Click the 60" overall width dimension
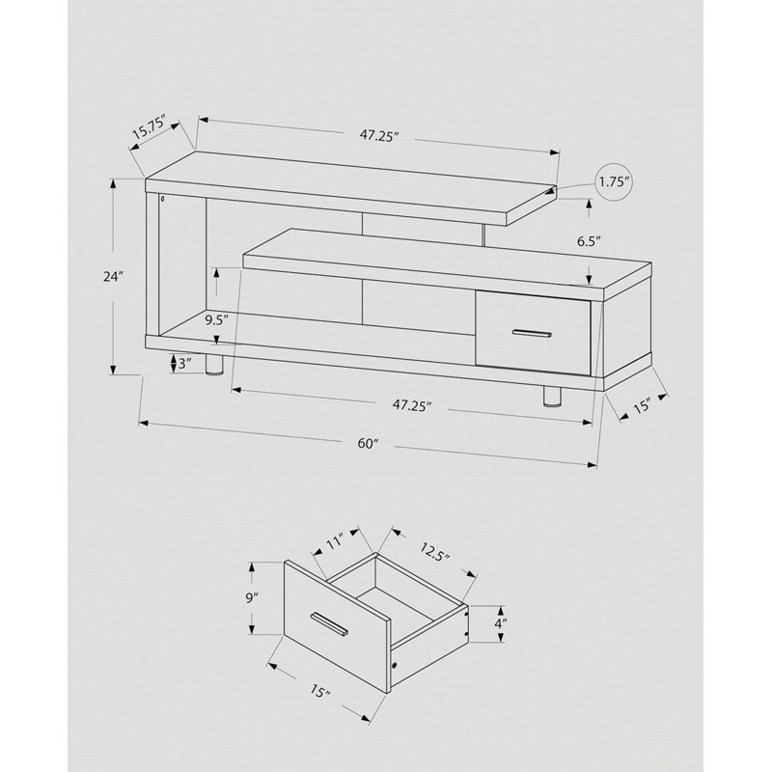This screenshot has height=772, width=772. [x=368, y=444]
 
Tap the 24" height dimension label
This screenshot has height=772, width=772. [x=113, y=277]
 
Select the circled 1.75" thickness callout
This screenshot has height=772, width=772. [x=614, y=182]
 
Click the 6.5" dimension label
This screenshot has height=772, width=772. [x=590, y=241]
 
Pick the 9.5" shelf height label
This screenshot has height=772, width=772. [x=217, y=321]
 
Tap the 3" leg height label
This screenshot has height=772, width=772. [x=184, y=364]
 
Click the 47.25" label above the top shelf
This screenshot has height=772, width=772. [x=378, y=136]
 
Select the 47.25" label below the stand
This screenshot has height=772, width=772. [x=412, y=405]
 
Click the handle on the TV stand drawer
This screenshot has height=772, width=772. [x=532, y=333]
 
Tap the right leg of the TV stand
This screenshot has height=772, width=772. [x=552, y=397]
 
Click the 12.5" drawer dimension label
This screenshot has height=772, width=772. [x=435, y=551]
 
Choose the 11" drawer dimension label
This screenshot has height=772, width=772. [x=334, y=543]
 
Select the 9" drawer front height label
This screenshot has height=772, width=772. [x=252, y=597]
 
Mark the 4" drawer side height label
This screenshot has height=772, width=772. [x=500, y=623]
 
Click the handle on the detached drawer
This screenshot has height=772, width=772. [x=329, y=623]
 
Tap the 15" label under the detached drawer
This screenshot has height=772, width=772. [x=320, y=692]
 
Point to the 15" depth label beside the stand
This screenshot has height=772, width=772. [x=642, y=406]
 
